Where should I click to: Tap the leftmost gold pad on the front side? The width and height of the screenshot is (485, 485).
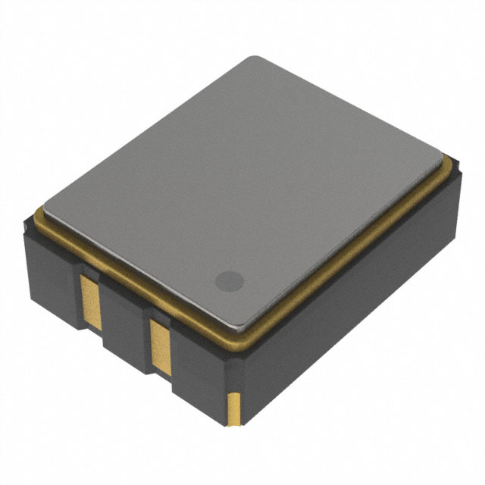click(x=90, y=301)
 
